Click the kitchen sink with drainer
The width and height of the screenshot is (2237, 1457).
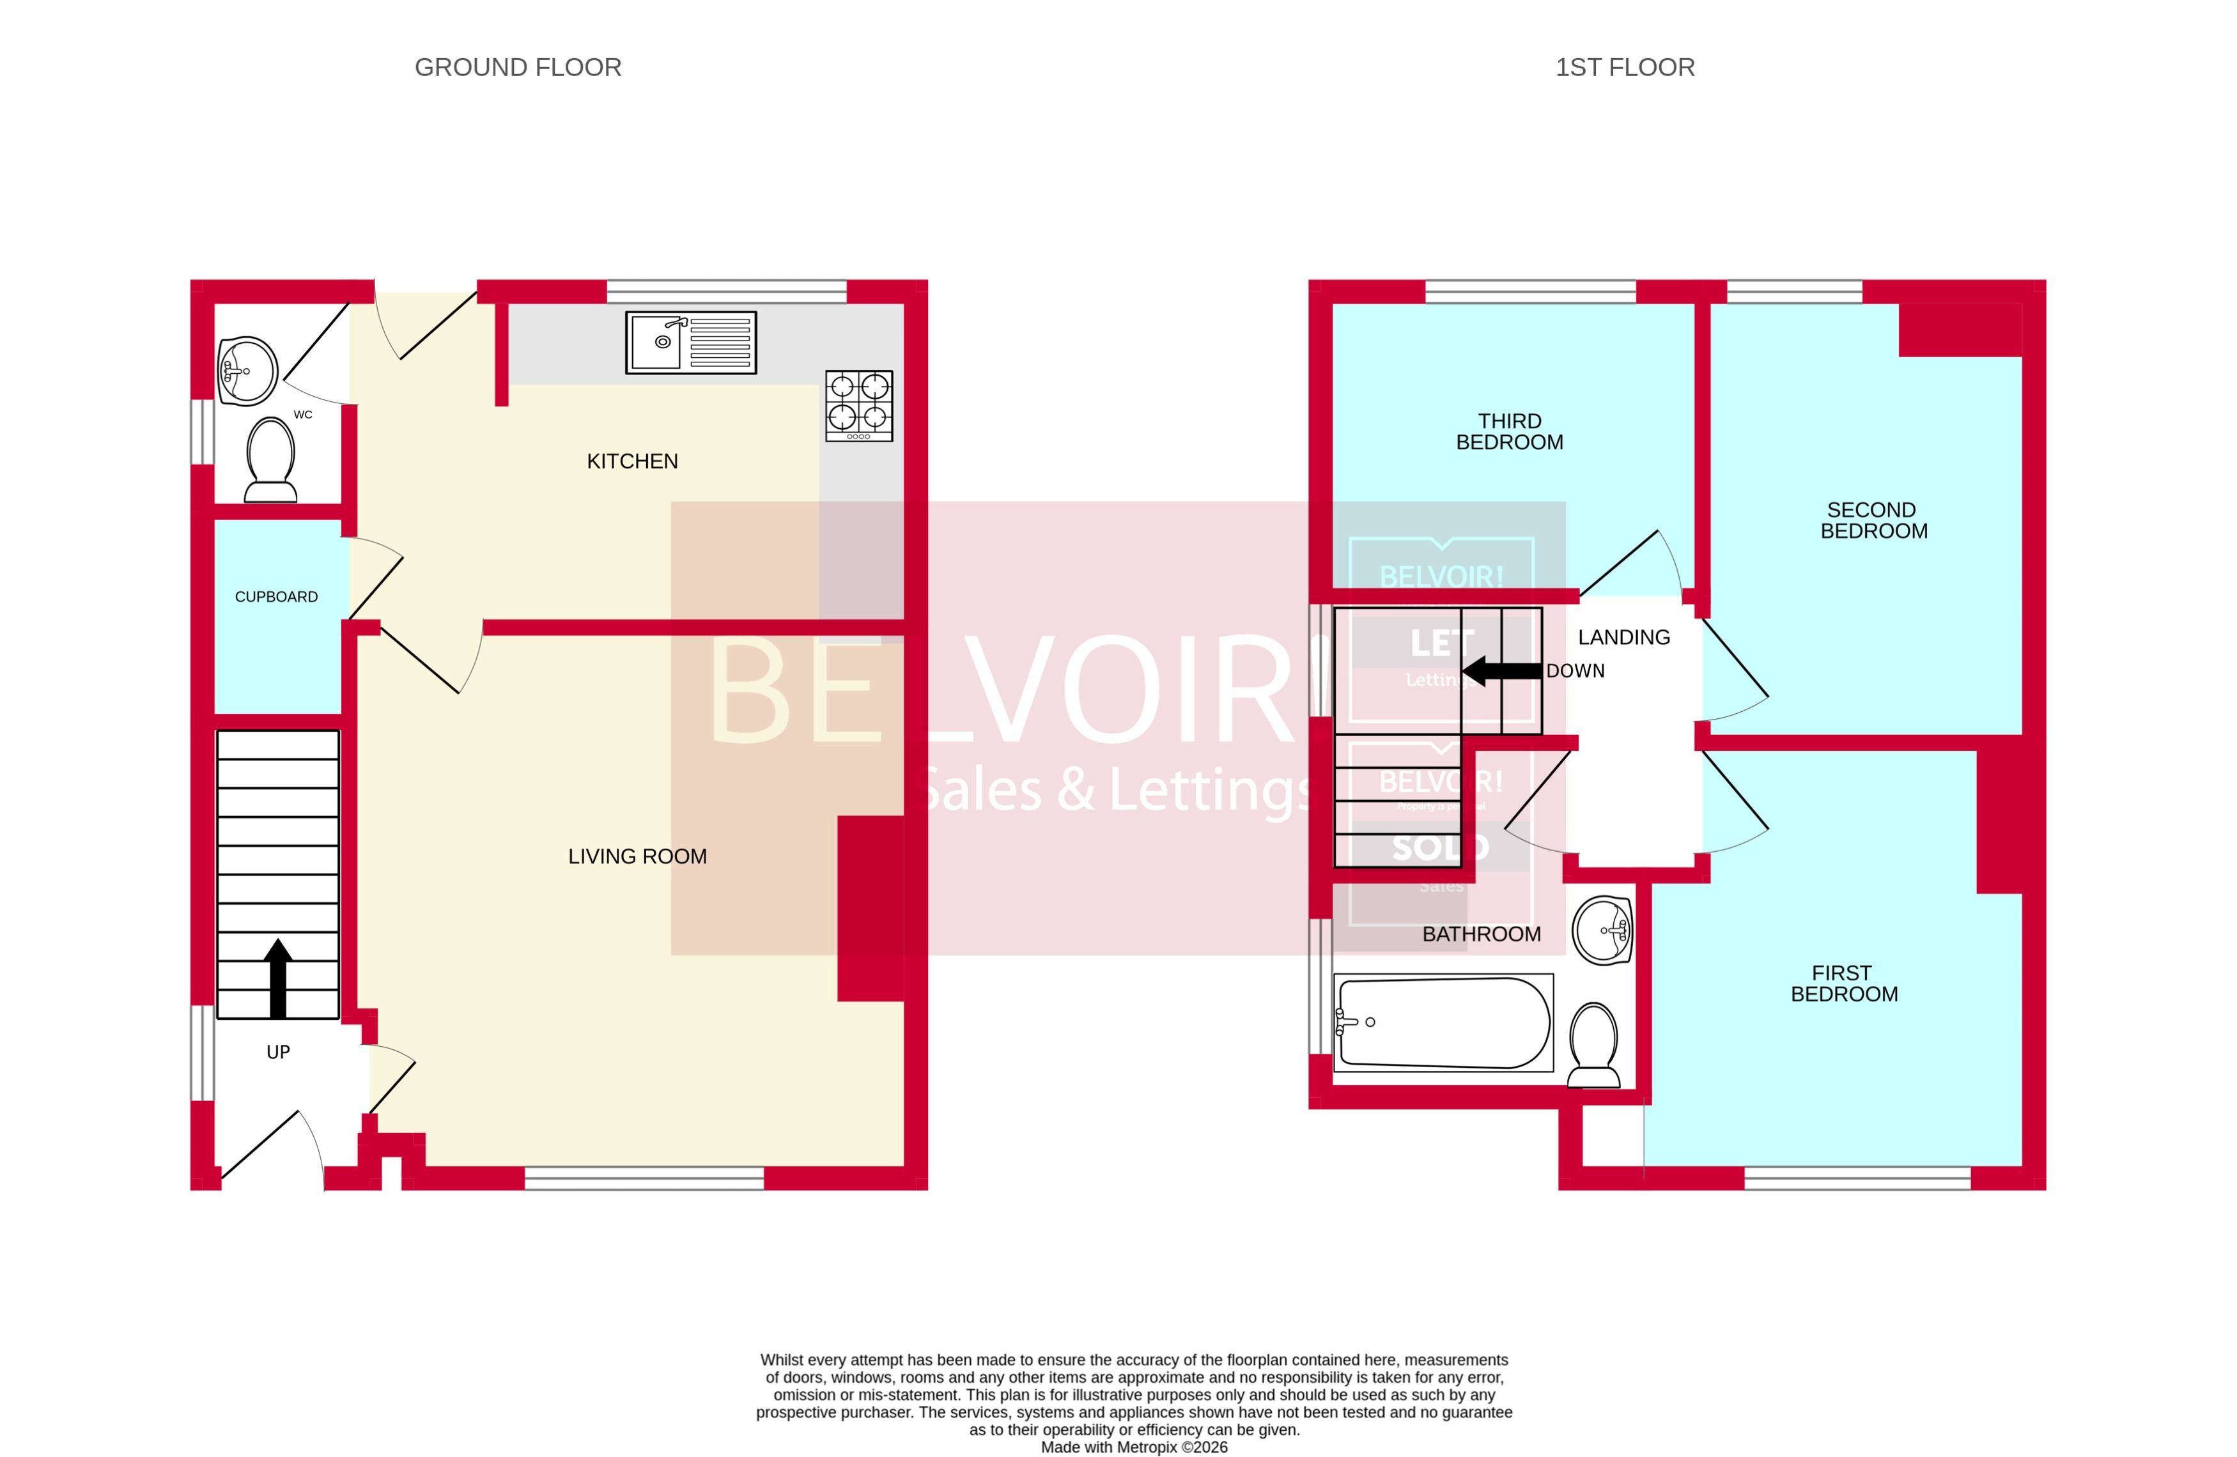691,342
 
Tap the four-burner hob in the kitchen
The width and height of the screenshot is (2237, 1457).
858,405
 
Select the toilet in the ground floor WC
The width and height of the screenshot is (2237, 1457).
271,459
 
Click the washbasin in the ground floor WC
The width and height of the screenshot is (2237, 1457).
247,371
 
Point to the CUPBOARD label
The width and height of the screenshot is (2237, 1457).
276,597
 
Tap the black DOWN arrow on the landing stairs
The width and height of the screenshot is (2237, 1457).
1502,671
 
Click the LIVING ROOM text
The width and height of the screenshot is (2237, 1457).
637,856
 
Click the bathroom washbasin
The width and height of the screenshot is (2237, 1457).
1602,930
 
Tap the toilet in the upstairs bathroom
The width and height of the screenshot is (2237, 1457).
1594,1044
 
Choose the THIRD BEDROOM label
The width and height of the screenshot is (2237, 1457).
1510,431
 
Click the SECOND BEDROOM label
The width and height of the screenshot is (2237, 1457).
1873,520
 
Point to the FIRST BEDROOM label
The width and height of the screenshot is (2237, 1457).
1843,983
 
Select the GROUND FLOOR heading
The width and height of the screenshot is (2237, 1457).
518,68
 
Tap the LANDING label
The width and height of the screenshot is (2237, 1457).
1623,637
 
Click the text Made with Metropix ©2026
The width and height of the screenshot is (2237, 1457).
1134,1447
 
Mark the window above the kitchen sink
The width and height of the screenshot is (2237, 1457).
727,291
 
